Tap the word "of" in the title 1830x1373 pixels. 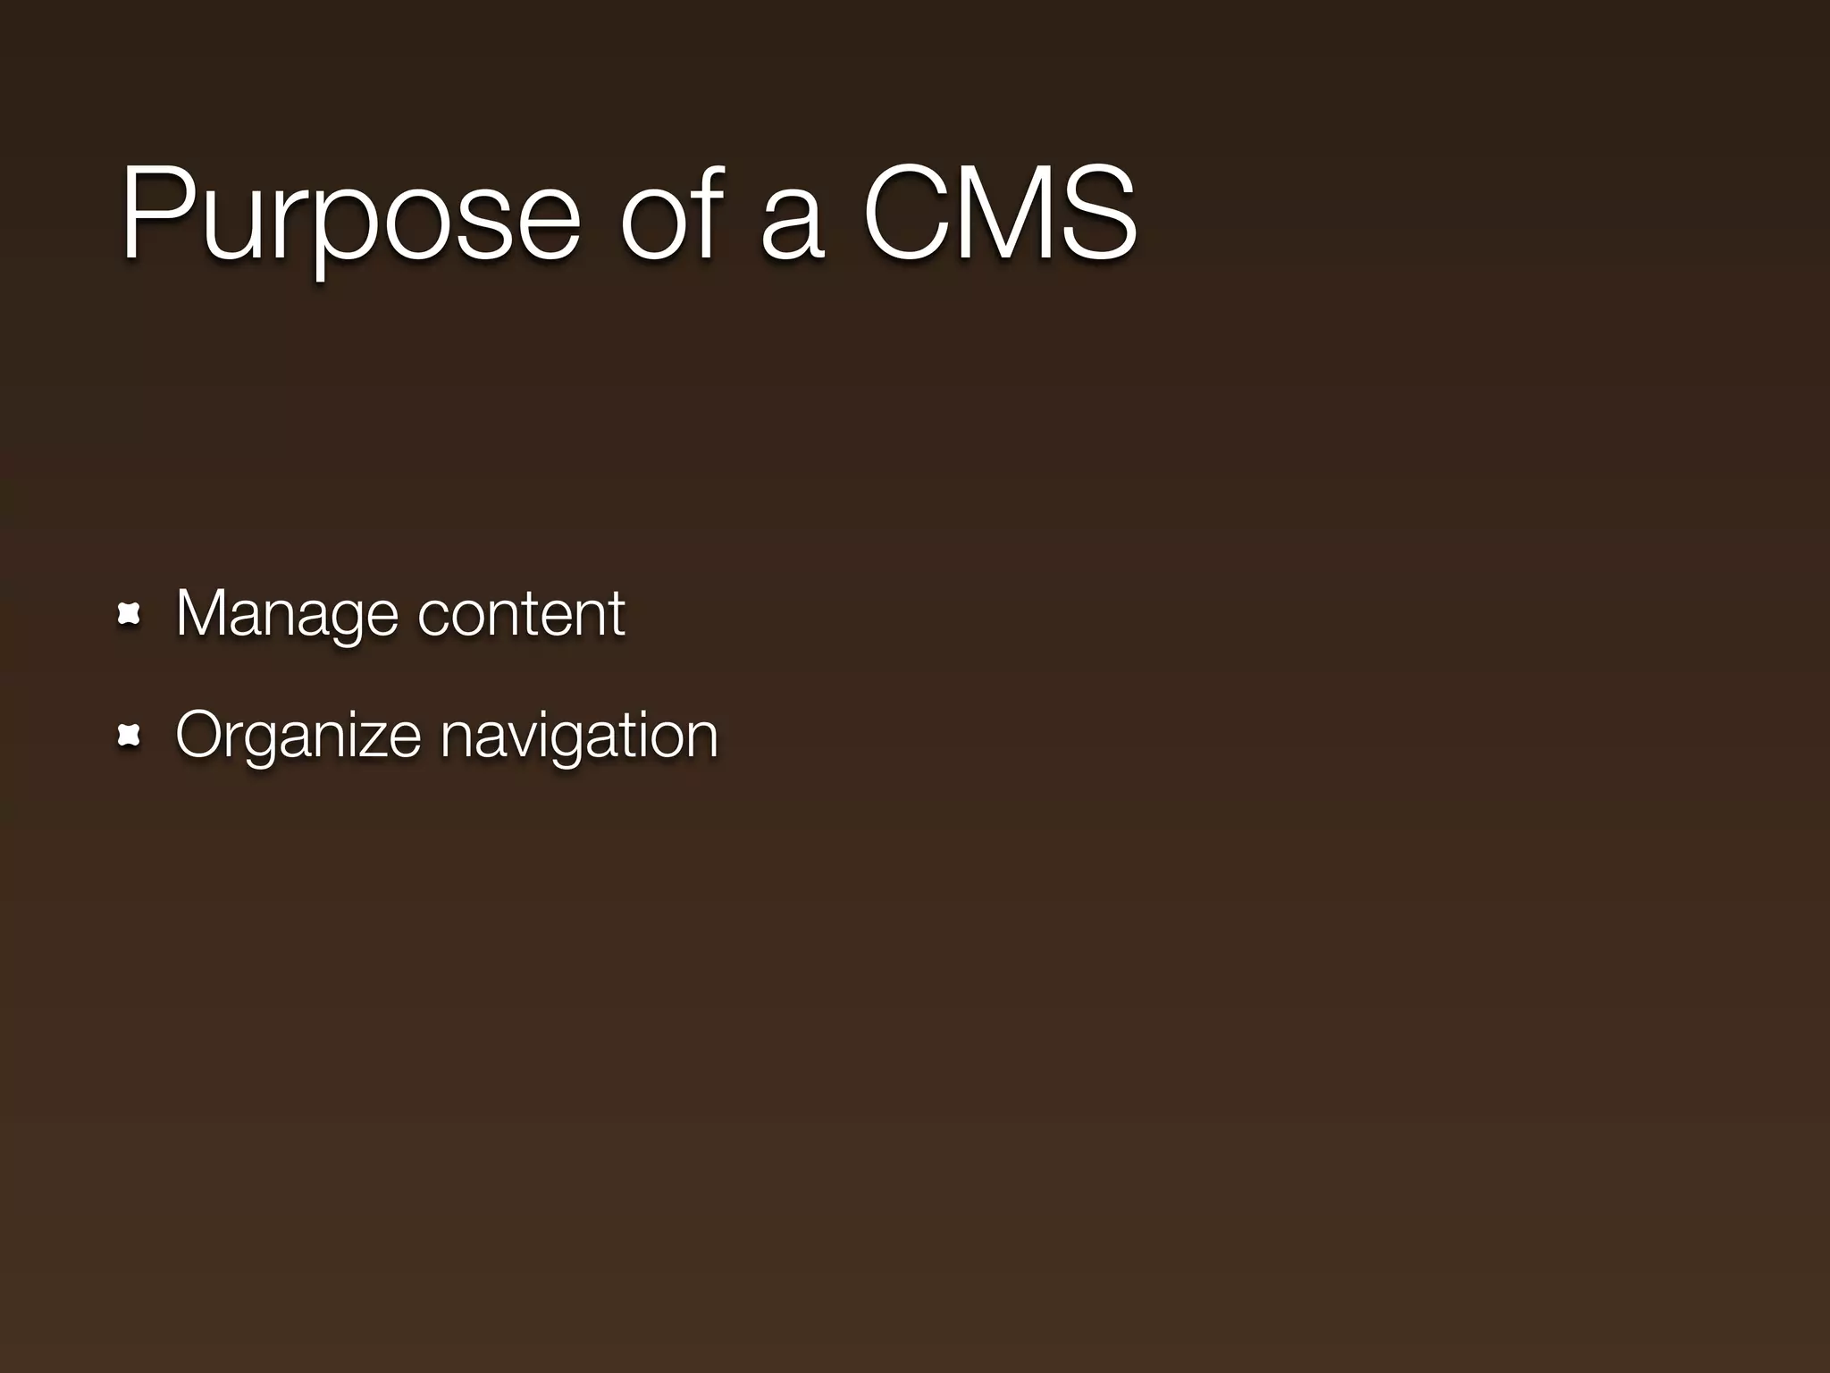click(671, 215)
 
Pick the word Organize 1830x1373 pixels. click(298, 737)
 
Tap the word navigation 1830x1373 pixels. click(579, 737)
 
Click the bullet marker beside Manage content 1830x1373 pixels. click(130, 614)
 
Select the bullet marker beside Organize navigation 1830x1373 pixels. click(130, 736)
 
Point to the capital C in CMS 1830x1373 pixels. click(902, 215)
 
